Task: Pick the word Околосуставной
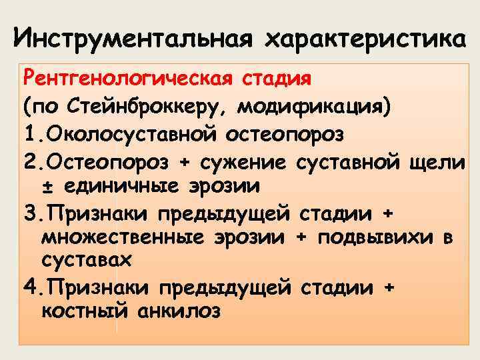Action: [127, 135]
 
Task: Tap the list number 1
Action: [29, 135]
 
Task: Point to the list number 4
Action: [29, 287]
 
